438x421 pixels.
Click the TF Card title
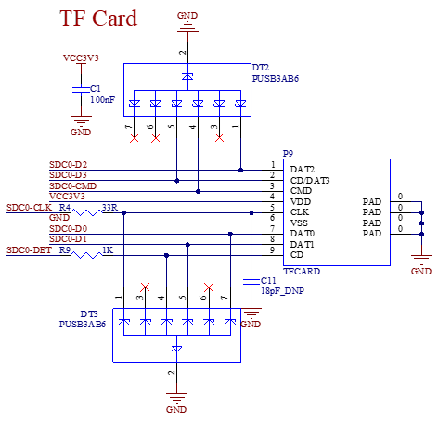[98, 19]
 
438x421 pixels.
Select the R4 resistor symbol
[86, 212]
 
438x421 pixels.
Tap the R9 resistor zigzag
[86, 255]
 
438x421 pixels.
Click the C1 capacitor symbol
[81, 90]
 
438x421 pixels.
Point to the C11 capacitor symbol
[251, 281]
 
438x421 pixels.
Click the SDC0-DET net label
[29, 249]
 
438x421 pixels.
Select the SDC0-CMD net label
[73, 186]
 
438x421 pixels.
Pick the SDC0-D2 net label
[69, 165]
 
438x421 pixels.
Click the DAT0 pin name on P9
[303, 234]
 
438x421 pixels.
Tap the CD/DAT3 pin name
[310, 180]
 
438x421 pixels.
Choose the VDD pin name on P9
[301, 202]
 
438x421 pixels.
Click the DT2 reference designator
[261, 68]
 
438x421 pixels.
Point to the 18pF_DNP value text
[282, 291]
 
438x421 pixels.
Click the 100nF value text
[103, 100]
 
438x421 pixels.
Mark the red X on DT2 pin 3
[219, 138]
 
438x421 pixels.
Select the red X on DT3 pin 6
[209, 287]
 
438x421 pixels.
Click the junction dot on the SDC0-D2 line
[240, 170]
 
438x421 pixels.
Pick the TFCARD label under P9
[302, 272]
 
